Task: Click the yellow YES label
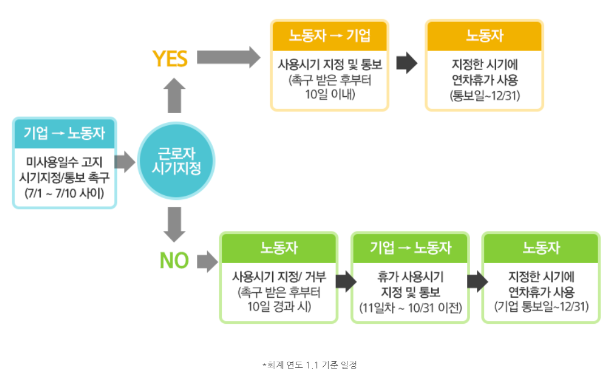coord(170,58)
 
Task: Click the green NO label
coord(174,261)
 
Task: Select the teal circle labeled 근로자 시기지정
coord(177,160)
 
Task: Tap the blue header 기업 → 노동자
coord(64,133)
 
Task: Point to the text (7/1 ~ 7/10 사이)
coord(64,192)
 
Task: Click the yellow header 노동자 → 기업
coord(330,35)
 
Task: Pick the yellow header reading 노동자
coord(484,35)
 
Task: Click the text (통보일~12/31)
coord(484,95)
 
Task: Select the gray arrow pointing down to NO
coord(175,225)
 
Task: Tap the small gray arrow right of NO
coord(207,261)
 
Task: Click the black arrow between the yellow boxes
coord(406,64)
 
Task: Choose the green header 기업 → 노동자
coord(410,247)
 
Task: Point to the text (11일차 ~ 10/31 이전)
coord(410,308)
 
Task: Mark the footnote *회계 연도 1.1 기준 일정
coord(310,365)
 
